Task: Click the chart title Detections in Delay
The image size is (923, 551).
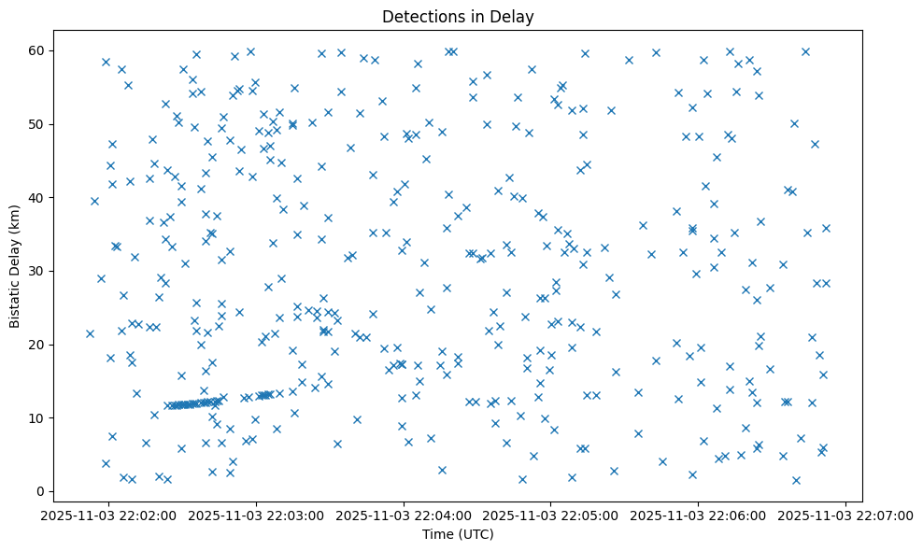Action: (458, 16)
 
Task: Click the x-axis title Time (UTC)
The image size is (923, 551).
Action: (458, 535)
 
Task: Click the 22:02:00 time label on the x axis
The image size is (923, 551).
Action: (110, 516)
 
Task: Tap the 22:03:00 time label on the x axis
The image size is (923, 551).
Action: (257, 516)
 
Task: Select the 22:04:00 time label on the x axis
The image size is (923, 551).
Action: (405, 516)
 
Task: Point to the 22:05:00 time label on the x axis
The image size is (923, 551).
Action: (551, 516)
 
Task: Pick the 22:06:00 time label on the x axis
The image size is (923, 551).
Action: (699, 516)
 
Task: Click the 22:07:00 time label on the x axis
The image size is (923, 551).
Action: (845, 516)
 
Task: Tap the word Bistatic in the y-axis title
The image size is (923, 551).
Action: (16, 303)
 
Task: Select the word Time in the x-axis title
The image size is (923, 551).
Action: (437, 535)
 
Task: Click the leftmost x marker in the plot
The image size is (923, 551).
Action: (90, 333)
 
